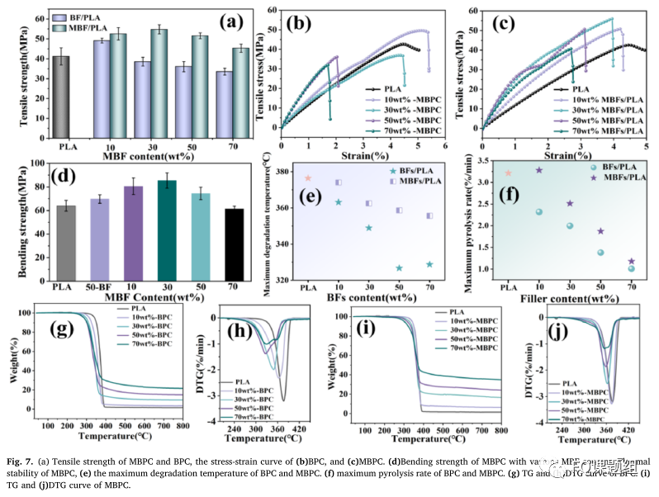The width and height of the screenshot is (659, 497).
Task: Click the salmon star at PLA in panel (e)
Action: click(x=308, y=178)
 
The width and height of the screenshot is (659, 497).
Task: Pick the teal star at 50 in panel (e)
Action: click(x=399, y=267)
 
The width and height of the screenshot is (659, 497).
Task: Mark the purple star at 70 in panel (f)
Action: click(x=632, y=261)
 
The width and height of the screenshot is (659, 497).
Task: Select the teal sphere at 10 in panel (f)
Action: click(x=538, y=212)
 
